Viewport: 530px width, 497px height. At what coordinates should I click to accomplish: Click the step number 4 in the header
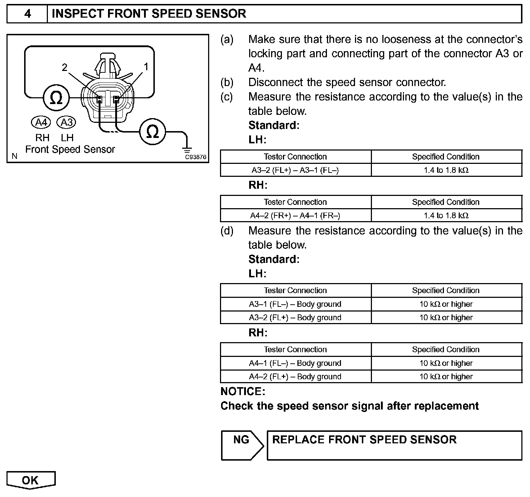pos(27,14)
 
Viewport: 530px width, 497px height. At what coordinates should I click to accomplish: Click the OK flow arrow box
pos(31,480)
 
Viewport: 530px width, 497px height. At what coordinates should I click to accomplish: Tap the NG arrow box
pos(242,445)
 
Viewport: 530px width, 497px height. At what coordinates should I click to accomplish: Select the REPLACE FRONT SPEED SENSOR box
pos(394,445)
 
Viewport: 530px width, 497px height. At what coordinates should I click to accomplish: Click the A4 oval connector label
pos(41,122)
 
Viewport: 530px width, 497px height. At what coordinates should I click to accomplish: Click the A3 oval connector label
pos(67,122)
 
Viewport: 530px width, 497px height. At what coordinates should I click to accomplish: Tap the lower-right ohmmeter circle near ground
pos(153,132)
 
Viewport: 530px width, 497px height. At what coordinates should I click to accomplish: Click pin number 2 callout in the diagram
pos(64,67)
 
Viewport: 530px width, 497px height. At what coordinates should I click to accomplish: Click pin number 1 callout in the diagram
pos(146,67)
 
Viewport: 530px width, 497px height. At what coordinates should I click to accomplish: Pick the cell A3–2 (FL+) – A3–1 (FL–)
pos(295,170)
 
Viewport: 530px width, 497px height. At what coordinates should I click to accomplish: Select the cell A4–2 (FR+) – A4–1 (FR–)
pos(295,216)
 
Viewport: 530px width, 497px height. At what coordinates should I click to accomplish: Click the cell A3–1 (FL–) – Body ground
pos(295,304)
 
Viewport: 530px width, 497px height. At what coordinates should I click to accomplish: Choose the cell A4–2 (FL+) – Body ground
pos(295,377)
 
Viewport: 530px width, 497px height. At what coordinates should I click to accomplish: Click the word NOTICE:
pos(243,391)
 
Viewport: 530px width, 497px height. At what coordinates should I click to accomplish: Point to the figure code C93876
pos(196,157)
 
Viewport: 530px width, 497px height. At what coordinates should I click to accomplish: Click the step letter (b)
pos(227,82)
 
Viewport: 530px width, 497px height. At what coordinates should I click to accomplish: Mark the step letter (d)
pos(227,231)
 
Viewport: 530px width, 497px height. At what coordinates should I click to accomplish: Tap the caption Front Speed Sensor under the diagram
pos(70,149)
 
